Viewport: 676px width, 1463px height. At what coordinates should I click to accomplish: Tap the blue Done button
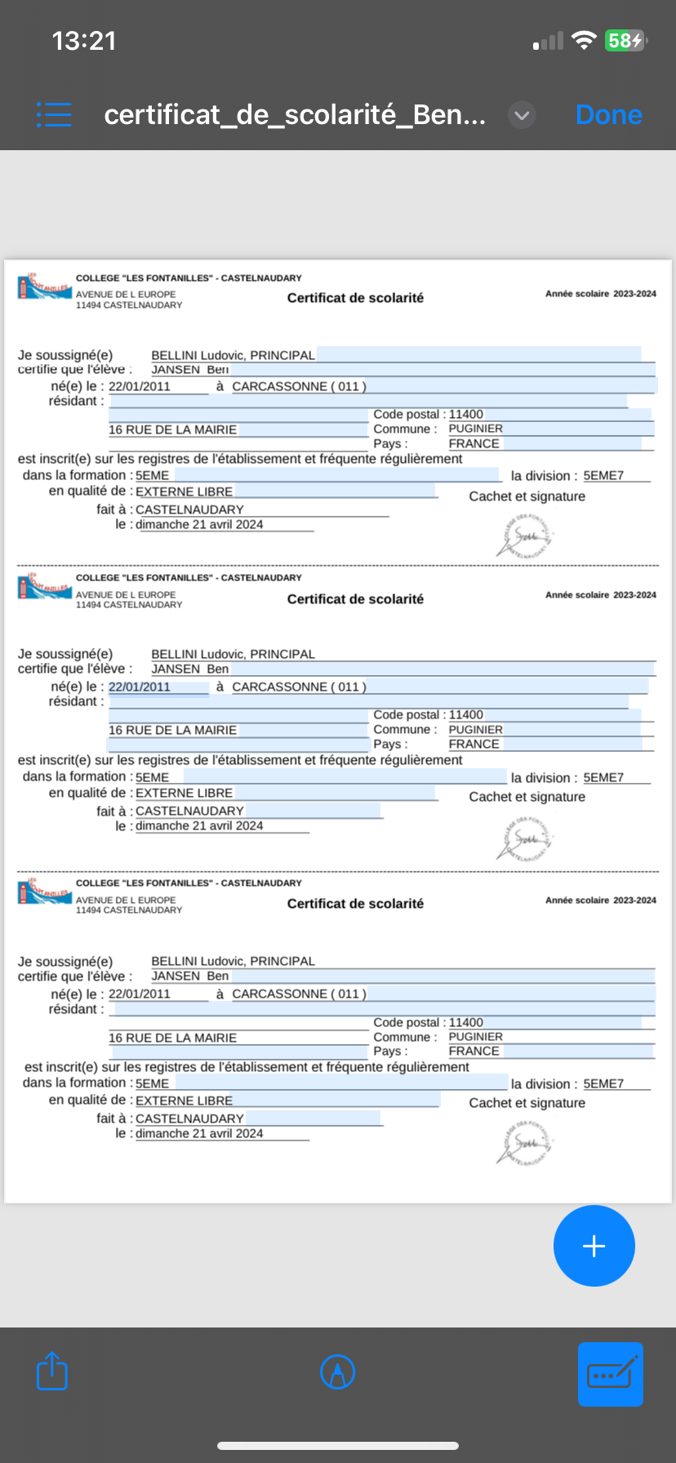[608, 115]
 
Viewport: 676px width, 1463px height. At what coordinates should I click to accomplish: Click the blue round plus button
[594, 1246]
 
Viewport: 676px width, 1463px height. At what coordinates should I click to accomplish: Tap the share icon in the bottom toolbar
[52, 1371]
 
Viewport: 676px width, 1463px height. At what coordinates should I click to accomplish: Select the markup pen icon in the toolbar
[337, 1372]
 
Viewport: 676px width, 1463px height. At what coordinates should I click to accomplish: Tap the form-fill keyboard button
[610, 1374]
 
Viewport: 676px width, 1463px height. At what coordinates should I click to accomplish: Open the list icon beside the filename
[54, 115]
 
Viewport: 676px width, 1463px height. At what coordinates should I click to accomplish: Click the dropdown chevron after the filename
[522, 116]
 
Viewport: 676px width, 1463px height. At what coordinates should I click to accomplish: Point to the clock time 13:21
[84, 41]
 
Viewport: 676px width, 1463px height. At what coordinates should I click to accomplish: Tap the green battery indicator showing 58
[625, 41]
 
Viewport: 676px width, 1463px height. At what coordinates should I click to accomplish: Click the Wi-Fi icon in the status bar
[583, 41]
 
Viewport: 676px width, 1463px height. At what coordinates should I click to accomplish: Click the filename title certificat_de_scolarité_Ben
[295, 115]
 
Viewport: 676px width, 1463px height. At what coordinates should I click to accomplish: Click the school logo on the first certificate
[44, 287]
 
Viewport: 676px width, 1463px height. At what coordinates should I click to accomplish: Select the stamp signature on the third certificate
[525, 1142]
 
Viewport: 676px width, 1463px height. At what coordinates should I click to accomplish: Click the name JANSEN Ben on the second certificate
[190, 669]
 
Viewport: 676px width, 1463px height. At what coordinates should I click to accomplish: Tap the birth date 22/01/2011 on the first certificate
[140, 386]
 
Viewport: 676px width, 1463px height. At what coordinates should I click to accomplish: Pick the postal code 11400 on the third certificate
[466, 1022]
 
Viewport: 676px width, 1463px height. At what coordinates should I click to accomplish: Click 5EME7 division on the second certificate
[603, 777]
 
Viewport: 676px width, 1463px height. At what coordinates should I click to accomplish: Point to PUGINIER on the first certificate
[476, 429]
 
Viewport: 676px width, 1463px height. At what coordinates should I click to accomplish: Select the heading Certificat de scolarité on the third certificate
[355, 904]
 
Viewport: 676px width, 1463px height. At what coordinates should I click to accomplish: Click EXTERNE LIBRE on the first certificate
[185, 491]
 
